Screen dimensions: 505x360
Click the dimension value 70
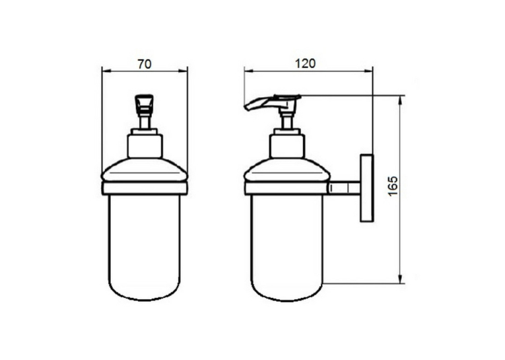145,64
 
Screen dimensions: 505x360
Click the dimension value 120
306,63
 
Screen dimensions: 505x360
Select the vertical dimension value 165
393,186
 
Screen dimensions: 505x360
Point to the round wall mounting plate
366,188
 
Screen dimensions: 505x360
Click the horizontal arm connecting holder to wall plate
345,188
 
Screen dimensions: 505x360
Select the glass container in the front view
145,248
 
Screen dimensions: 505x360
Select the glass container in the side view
287,248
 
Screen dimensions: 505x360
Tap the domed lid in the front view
145,170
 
